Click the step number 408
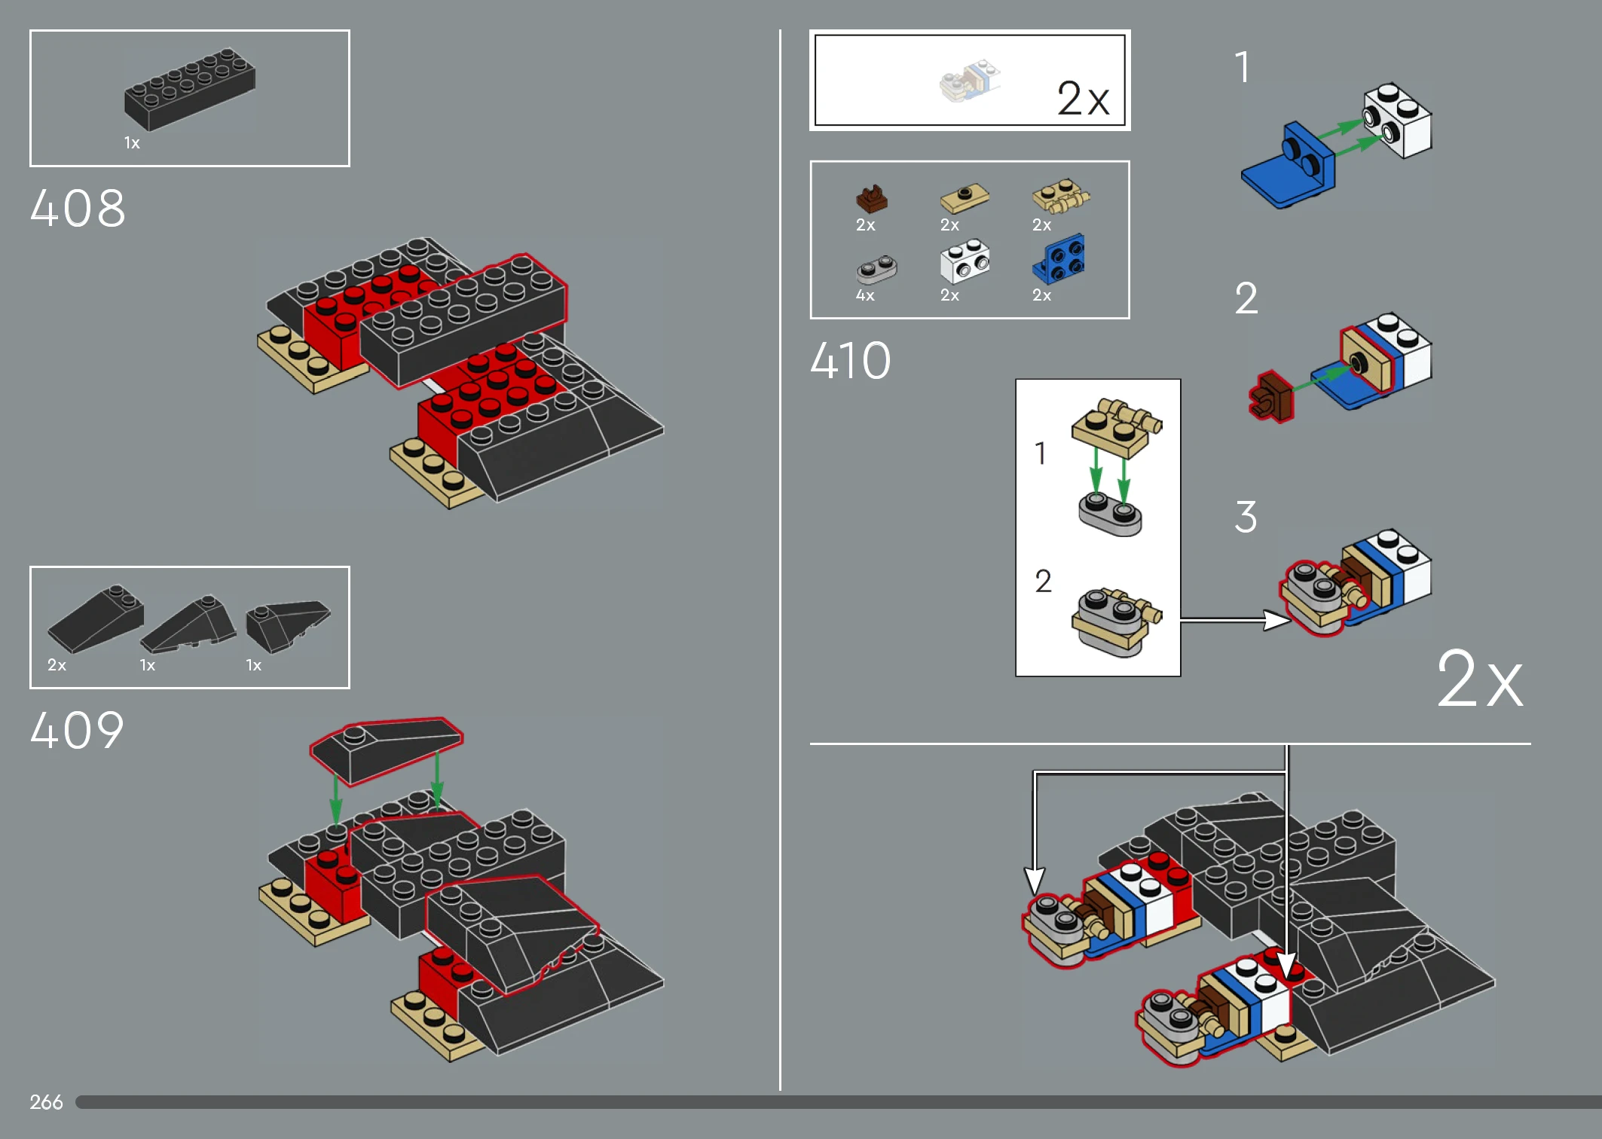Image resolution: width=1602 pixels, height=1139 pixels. (x=78, y=208)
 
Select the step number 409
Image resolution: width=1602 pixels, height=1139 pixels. (x=77, y=730)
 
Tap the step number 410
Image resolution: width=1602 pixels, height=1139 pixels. (x=851, y=360)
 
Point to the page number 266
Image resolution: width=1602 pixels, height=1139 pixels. (x=46, y=1102)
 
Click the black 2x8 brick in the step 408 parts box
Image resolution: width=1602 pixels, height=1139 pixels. (x=190, y=89)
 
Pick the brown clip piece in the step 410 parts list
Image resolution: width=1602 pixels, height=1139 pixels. (x=872, y=199)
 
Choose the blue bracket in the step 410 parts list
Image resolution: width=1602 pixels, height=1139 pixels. (x=1059, y=258)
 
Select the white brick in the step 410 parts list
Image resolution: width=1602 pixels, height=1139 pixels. (x=965, y=261)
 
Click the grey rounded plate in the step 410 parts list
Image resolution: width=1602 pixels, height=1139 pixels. (x=876, y=269)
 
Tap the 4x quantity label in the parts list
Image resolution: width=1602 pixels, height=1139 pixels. (x=865, y=295)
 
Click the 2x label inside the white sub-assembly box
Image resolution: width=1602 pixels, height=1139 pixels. (x=1083, y=98)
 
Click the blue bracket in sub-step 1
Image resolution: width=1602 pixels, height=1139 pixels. (x=1288, y=166)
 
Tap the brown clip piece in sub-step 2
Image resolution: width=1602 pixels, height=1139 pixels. (x=1270, y=396)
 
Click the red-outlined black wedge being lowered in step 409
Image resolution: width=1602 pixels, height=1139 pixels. (x=387, y=749)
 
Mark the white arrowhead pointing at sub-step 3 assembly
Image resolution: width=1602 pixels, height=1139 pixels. (x=1277, y=620)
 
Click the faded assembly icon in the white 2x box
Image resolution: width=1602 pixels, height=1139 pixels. (x=970, y=81)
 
